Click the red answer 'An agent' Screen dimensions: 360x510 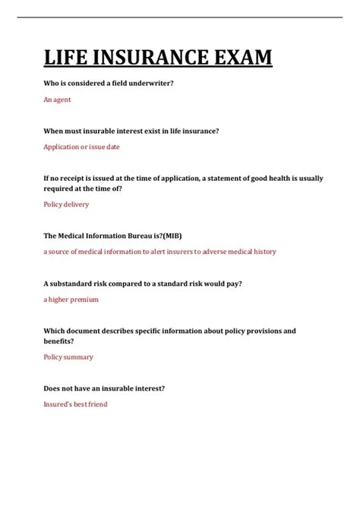coord(57,100)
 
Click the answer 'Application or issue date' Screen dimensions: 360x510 coord(81,147)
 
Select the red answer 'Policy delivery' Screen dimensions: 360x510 coord(66,204)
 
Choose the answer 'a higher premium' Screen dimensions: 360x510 coord(71,299)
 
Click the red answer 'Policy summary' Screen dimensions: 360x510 coord(68,357)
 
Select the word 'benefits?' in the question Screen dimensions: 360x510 coord(59,341)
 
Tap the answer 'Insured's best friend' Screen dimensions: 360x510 coord(75,404)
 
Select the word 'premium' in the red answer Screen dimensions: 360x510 coord(84,299)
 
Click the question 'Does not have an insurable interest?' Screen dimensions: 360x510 coord(104,388)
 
